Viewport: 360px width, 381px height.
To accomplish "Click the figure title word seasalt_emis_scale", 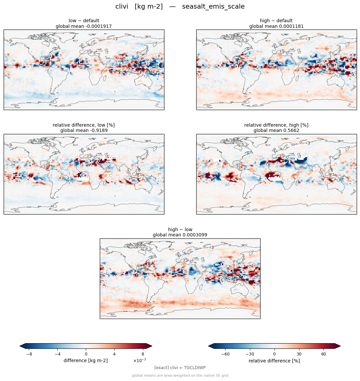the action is point(213,7).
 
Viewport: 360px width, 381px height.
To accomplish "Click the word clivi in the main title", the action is point(122,6).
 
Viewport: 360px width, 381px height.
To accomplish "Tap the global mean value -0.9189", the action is point(98,131).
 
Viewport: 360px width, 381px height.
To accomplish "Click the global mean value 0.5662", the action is point(291,131).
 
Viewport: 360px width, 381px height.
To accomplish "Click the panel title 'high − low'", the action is point(180,229).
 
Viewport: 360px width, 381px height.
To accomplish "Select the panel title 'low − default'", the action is point(84,21).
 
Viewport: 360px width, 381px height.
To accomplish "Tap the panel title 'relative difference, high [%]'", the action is point(276,125).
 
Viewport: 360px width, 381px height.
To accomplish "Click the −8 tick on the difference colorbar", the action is point(29,354).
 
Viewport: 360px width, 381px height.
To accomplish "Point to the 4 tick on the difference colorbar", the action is point(114,354).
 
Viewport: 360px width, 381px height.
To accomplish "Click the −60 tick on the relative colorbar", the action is point(225,354).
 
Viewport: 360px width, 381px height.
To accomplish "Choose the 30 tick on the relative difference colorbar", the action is point(299,354).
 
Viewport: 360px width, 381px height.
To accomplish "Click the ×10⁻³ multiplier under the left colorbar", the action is point(140,360).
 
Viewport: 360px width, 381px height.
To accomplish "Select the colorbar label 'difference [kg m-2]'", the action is point(86,360).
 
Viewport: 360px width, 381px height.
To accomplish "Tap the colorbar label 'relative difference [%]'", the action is point(274,361).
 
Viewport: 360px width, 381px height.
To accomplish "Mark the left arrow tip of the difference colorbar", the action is point(20,346).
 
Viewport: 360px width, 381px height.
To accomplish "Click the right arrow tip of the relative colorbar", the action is point(340,346).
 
